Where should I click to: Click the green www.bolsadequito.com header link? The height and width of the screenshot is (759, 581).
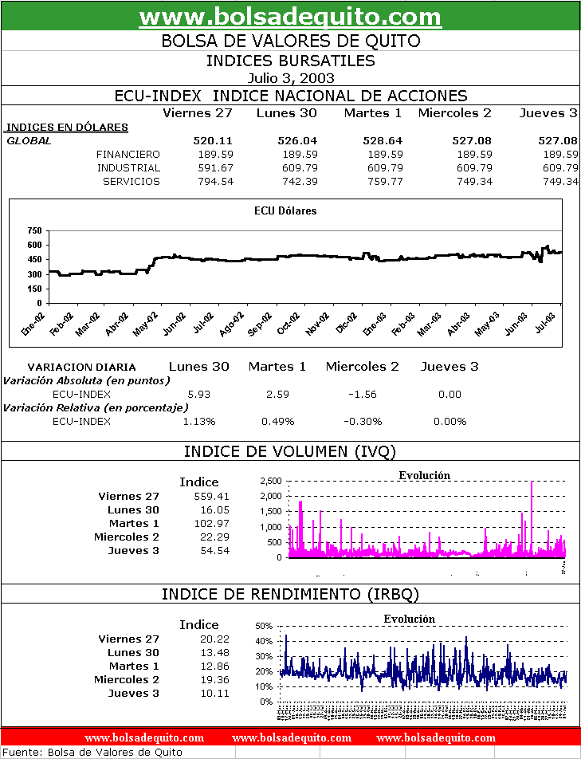[290, 17]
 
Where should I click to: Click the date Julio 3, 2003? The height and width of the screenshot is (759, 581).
[290, 78]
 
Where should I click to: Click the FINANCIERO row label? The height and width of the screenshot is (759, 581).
[128, 154]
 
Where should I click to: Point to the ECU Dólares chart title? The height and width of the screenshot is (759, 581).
[285, 211]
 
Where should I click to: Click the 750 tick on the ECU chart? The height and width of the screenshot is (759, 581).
[33, 230]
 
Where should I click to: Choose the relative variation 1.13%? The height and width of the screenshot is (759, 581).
[199, 421]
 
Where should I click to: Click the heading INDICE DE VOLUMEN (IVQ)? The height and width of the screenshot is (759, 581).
[290, 451]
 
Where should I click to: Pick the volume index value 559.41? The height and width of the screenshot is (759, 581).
[212, 496]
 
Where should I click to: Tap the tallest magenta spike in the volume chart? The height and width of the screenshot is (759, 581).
[531, 486]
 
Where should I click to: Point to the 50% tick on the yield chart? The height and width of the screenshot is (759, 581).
[264, 626]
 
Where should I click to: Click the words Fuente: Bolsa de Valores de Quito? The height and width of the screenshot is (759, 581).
[92, 752]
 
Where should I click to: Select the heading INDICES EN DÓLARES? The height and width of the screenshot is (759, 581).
[66, 127]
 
